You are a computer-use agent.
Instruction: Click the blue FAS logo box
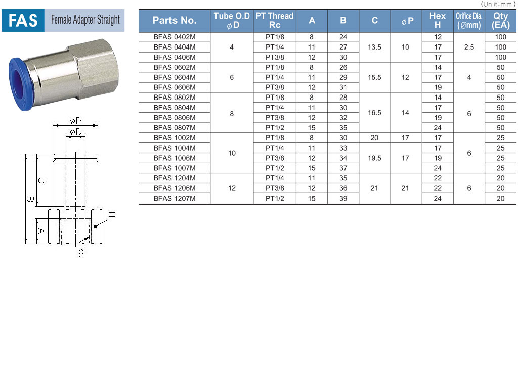point(23,20)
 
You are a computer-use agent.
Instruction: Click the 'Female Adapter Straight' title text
point(85,20)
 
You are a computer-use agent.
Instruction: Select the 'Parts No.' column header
point(175,20)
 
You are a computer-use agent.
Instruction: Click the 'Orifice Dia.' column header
point(469,20)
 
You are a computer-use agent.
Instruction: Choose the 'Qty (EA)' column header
point(500,20)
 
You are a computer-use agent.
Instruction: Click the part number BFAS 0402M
point(175,37)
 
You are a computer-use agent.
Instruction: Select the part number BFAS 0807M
point(175,128)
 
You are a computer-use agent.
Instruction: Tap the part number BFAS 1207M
point(175,198)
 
